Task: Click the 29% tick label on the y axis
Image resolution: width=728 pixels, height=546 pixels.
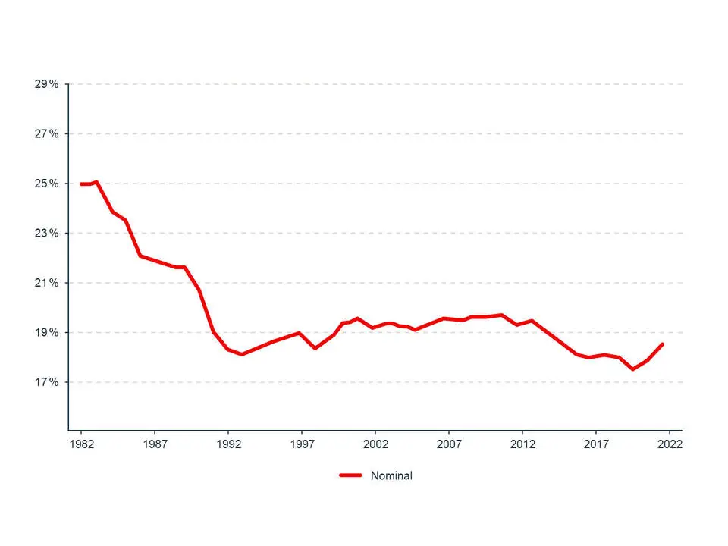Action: coord(46,84)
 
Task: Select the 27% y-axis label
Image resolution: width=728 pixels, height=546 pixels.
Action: coord(46,134)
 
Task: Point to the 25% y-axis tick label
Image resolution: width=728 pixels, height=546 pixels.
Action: coord(46,184)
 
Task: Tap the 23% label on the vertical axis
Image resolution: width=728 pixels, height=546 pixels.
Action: coord(46,234)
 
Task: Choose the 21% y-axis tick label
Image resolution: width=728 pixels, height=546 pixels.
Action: coord(46,283)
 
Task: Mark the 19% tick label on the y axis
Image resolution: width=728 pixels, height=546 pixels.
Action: coord(46,333)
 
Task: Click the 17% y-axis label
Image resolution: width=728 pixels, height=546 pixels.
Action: coord(46,382)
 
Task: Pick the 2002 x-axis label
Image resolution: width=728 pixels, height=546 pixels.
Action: coord(375,444)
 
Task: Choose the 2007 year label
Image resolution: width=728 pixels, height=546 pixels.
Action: coord(449,444)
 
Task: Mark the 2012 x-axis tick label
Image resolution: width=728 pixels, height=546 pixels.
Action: coord(522,444)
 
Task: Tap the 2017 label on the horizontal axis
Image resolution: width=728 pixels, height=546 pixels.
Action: coord(596,444)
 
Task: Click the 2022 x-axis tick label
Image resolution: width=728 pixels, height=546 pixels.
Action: coord(670,444)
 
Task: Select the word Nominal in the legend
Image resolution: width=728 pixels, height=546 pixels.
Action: coord(391,476)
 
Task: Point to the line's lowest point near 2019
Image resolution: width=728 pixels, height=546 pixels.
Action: coord(632,369)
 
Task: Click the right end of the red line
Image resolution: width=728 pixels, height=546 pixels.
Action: coord(662,344)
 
